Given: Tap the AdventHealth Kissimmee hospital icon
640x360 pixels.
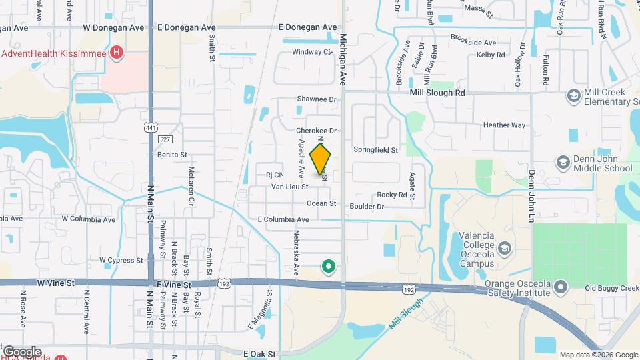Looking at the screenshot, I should coord(117,52).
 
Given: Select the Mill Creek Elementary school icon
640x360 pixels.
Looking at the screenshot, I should coord(573,97).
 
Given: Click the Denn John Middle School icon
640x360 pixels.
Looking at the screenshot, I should coord(563,163).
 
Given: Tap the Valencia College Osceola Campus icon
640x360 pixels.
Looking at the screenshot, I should coord(505,248).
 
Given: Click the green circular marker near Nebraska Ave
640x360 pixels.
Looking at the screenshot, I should coord(328,267).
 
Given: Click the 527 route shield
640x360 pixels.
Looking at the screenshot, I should coord(165,139).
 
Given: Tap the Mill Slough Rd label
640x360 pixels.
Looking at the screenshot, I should coord(437,93).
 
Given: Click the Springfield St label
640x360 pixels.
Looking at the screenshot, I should coord(375,150).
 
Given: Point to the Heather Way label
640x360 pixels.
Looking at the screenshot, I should coord(504,125).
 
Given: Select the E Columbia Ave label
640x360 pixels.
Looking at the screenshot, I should coord(283,219).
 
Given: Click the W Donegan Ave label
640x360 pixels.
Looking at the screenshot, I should coord(114,28).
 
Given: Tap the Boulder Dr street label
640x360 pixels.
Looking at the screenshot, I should coord(367,207).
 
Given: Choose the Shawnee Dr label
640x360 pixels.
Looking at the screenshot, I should coord(317,99).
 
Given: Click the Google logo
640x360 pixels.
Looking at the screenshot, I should coord(22,351).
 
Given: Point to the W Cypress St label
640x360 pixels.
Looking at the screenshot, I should coord(121,260).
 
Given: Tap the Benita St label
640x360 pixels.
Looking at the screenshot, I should coord(172,154).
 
